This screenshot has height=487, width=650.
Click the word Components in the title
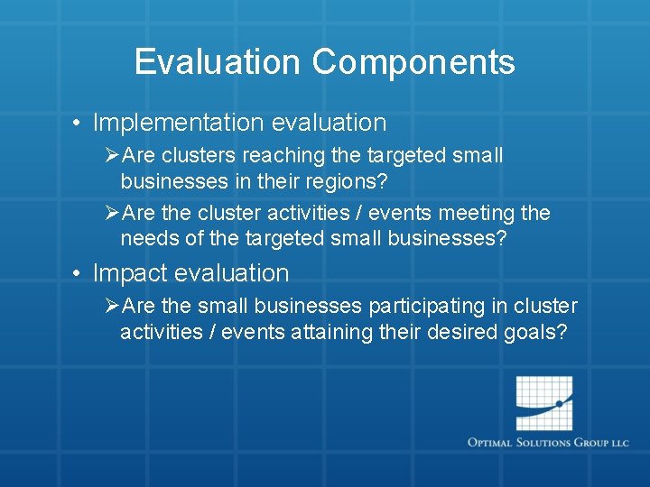413,62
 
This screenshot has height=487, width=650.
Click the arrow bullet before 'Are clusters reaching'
111,156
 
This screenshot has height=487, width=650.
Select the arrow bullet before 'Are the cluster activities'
111,214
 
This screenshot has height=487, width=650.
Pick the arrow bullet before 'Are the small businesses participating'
111,307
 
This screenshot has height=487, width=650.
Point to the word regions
343,180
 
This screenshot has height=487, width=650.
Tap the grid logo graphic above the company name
544,402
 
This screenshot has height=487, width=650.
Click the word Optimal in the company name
492,443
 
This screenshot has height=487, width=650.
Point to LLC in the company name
619,443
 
